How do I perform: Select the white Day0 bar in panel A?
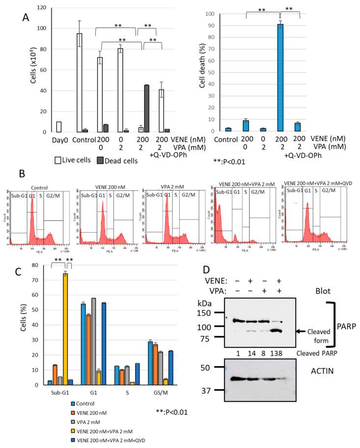59,127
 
